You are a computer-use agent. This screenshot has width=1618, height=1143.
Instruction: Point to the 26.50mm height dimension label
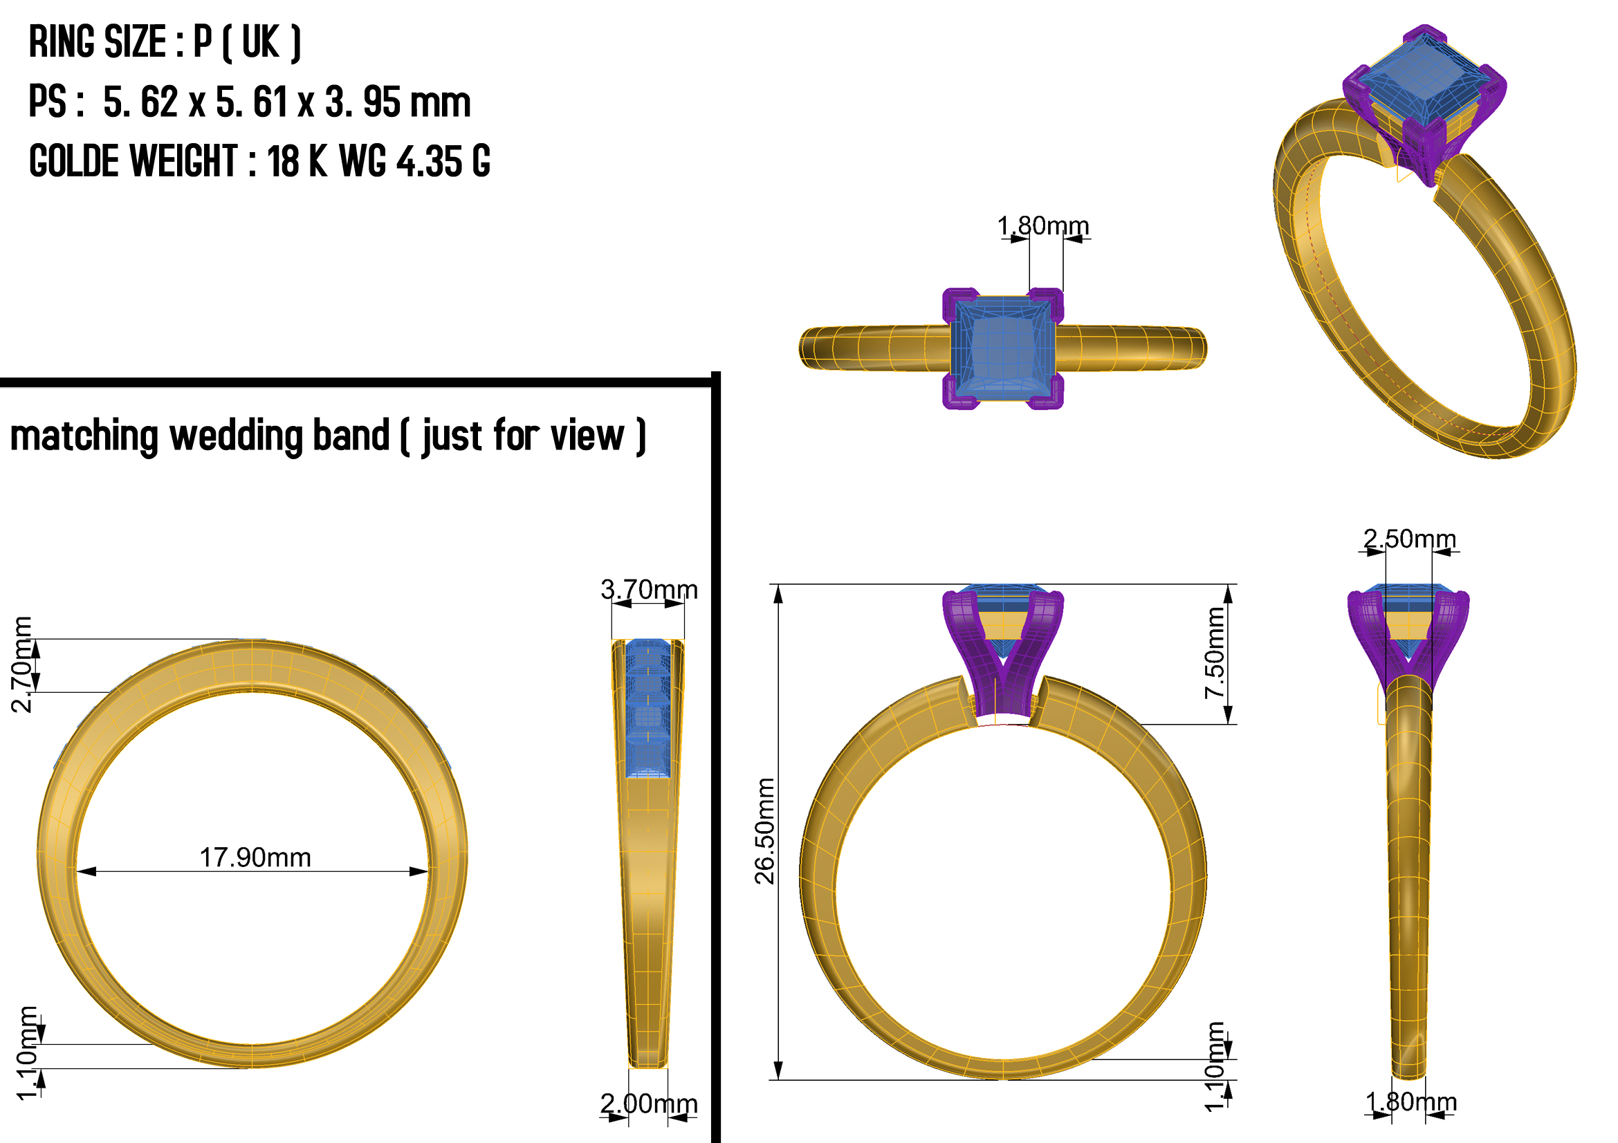point(764,831)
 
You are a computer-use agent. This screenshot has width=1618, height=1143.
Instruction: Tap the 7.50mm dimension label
point(1215,653)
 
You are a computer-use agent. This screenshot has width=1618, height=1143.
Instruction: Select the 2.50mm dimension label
point(1409,539)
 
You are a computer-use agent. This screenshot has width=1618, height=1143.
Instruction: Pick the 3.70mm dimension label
point(649,589)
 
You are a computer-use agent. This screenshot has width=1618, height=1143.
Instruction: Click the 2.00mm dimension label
point(649,1104)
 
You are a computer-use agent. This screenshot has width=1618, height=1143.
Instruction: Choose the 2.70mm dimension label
point(22,664)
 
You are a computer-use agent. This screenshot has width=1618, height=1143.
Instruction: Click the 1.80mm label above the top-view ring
point(1043,226)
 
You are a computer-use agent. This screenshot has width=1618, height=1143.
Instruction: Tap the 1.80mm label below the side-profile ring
point(1410,1102)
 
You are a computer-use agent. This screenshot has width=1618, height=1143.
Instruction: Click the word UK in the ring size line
point(261,42)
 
